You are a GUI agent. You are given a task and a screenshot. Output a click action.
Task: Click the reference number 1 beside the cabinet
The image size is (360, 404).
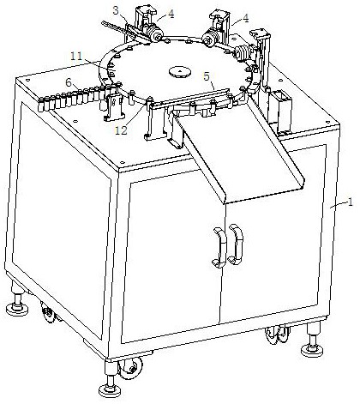pyautogui.click(x=351, y=202)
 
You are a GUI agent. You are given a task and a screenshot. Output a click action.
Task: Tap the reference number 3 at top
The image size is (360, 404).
pyautogui.click(x=116, y=10)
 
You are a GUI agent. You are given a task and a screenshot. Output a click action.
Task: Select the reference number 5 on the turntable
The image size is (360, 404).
pyautogui.click(x=207, y=76)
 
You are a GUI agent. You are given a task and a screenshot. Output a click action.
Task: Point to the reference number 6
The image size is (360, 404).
pyautogui.click(x=69, y=82)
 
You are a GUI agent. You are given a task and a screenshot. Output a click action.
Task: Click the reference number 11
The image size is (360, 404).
pyautogui.click(x=76, y=56)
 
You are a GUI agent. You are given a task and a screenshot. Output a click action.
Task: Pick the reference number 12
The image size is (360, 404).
pyautogui.click(x=121, y=130)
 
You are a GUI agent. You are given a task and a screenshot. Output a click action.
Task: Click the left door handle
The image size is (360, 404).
pyautogui.click(x=219, y=248)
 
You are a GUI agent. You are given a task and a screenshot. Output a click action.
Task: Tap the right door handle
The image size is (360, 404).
pyautogui.click(x=236, y=244)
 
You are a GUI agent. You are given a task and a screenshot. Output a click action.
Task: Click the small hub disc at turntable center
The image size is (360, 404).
pyautogui.click(x=179, y=71)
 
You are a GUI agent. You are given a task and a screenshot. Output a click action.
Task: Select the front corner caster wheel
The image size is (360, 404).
pyautogui.click(x=130, y=368)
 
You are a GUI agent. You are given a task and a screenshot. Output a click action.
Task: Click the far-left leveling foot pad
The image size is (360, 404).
pyautogui.click(x=17, y=309)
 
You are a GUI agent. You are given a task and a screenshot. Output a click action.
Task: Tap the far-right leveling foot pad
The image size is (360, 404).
pyautogui.click(x=312, y=350)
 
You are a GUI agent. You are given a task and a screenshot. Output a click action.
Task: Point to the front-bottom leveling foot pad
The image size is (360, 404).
pyautogui.click(x=110, y=390)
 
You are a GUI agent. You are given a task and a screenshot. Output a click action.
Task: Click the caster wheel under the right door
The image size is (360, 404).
pyautogui.click(x=277, y=335)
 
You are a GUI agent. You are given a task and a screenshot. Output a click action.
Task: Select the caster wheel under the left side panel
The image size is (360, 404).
pyautogui.click(x=49, y=313)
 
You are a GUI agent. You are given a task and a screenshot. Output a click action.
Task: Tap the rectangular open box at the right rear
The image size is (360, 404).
pyautogui.click(x=280, y=112)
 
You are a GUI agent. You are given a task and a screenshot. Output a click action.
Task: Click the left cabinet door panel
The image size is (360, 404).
pyautogui.click(x=172, y=257)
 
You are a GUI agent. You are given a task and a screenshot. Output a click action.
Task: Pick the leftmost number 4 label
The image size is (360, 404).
pyautogui.click(x=171, y=14)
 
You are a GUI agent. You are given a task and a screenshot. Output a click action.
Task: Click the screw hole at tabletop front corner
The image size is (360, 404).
pyautogui.click(x=123, y=162)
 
